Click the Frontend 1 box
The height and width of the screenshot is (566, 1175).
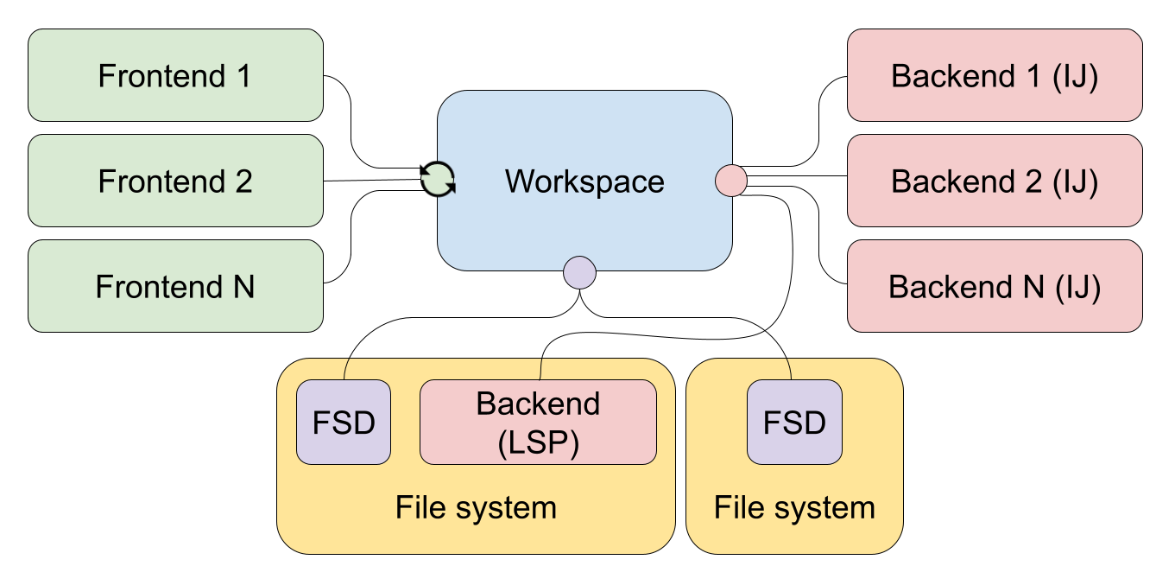point(175,76)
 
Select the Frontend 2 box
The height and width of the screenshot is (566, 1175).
point(175,181)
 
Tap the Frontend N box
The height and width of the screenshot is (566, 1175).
point(175,287)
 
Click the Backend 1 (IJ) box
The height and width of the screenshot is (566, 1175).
point(995,76)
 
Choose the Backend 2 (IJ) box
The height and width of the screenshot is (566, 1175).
point(995,181)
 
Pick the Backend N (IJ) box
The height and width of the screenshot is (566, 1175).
point(995,287)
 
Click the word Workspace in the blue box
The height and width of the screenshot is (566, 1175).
point(584,181)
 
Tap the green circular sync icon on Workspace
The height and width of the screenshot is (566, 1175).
point(438,180)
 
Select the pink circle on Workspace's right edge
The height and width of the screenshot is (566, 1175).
point(731,181)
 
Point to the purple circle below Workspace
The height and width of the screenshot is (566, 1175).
point(579,272)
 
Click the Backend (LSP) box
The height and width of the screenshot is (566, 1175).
point(538,423)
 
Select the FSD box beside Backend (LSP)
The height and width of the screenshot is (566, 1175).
point(344,423)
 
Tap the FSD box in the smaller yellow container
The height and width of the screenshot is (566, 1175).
point(794,423)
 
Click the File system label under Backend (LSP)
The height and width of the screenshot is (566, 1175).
point(476,507)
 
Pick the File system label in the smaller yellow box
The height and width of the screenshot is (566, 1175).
point(794,507)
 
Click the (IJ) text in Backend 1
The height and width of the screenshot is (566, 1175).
point(1076,76)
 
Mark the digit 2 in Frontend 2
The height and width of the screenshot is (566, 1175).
point(243,181)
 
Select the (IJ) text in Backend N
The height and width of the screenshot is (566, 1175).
point(1078,287)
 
